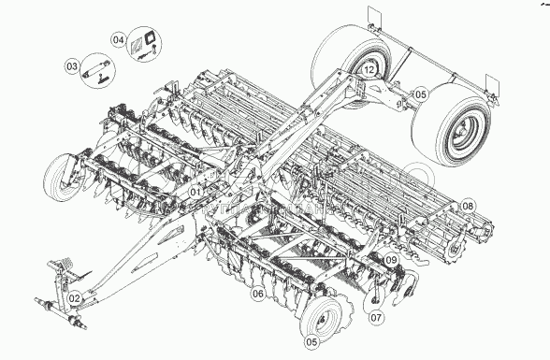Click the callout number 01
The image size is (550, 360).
195,192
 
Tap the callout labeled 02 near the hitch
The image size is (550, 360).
74,298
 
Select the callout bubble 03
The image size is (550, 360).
71,65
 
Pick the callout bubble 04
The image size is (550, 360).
119,39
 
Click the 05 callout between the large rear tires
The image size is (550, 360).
420,94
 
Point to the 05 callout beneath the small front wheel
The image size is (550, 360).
311,342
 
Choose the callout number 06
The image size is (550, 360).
258,294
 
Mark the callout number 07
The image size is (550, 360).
376,318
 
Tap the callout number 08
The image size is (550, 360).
468,206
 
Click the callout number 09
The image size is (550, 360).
391,260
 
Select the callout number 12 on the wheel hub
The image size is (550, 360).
369,70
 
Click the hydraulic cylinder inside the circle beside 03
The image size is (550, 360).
96,70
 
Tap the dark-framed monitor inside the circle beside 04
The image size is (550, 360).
152,37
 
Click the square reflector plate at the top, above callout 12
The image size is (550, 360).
375,15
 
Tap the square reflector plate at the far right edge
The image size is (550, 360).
492,84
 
